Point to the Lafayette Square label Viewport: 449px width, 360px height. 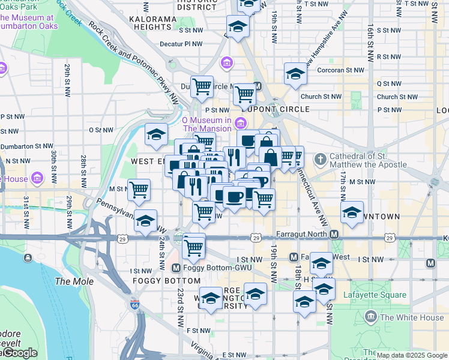pyautogui.click(x=375, y=295)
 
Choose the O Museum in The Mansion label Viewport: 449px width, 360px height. pyautogui.click(x=207, y=124)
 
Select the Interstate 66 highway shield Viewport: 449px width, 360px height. pyautogui.click(x=136, y=305)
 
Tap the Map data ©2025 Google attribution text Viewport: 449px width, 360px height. pyautogui.click(x=412, y=355)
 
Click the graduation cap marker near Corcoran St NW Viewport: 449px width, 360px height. pyautogui.click(x=295, y=74)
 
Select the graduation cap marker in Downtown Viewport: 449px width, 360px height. pyautogui.click(x=352, y=212)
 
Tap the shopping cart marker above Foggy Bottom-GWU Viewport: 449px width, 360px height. pyautogui.click(x=194, y=245)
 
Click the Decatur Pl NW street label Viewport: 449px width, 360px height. pyautogui.click(x=181, y=44)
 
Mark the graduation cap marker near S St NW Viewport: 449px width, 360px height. pyautogui.click(x=238, y=26)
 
